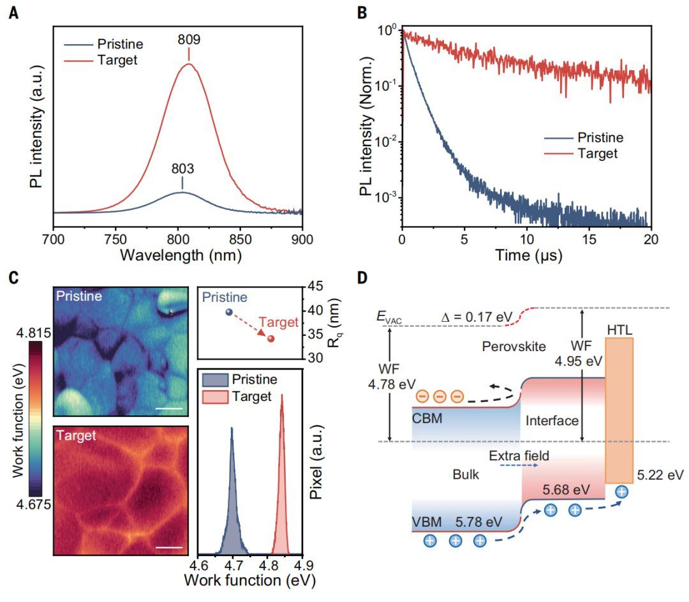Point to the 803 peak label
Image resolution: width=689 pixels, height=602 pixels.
tap(182, 170)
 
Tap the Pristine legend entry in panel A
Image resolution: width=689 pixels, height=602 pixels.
tap(120, 45)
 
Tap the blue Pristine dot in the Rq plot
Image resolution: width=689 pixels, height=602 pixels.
tap(228, 312)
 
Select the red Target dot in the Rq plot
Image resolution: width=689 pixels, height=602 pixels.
tap(270, 338)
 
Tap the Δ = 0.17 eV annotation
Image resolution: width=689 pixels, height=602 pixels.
tap(477, 317)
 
